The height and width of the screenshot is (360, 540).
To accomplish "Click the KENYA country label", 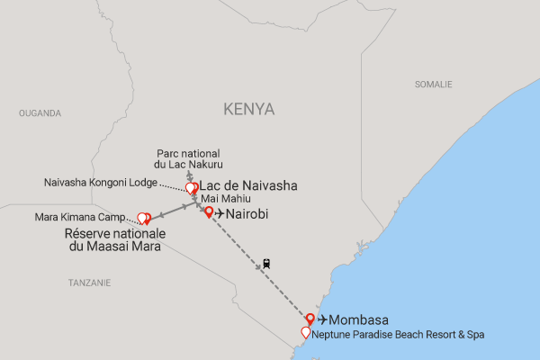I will point(249,109).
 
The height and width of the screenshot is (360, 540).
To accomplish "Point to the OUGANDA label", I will point(40,113).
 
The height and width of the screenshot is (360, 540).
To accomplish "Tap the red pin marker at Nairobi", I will point(209,212).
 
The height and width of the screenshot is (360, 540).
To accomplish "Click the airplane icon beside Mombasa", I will point(323,319).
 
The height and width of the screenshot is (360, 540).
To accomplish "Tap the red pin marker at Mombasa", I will point(310,318).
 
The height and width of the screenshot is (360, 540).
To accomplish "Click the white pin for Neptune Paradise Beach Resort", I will point(306,332).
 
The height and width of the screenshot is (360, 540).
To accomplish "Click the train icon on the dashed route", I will point(266,265).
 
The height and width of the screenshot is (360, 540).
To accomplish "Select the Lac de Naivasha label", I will point(247,186).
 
